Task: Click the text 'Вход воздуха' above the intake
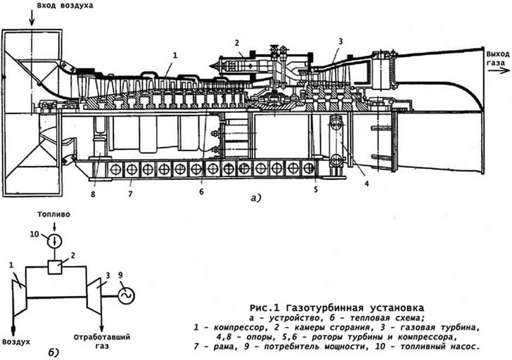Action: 65,6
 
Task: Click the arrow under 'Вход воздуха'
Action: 32,18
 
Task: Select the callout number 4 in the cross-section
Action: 366,184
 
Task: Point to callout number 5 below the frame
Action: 316,190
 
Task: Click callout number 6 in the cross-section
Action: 201,191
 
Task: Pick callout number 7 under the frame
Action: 130,194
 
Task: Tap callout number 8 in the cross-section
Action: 93,195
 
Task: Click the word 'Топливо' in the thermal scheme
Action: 53,214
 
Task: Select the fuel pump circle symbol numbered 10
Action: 55,241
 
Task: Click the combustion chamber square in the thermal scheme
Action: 55,267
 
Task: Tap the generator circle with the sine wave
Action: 126,296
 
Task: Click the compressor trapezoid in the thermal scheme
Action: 19,297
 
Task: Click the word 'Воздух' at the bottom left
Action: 16,342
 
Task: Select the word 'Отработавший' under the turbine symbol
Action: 102,337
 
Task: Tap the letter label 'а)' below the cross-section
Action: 256,198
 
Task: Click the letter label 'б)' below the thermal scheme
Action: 53,352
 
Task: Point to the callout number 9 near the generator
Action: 120,275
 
